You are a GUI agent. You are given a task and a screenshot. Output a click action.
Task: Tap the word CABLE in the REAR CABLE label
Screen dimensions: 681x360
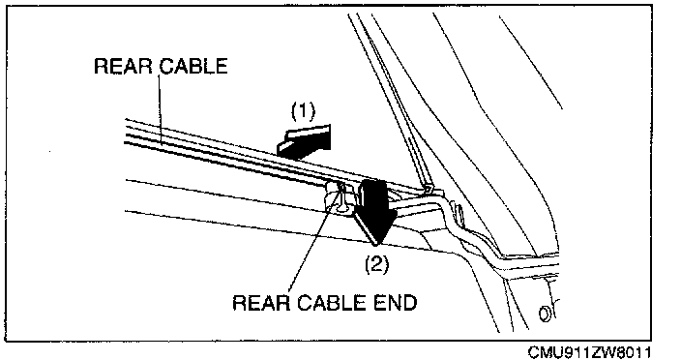coord(192,66)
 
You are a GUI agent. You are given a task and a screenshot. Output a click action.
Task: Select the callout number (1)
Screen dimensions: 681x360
coord(303,111)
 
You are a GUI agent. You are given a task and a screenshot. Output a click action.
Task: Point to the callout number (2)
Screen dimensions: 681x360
coord(376,264)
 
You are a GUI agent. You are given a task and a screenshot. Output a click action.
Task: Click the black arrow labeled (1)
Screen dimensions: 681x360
coord(304,139)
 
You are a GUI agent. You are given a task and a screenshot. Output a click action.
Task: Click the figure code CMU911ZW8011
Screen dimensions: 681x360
coord(589,352)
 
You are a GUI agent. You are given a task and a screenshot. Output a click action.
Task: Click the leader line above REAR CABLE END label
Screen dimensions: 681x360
coord(315,239)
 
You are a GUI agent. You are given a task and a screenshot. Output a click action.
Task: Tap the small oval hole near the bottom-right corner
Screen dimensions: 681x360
coord(543,314)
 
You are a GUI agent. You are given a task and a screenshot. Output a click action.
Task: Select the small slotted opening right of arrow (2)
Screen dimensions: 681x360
coord(458,213)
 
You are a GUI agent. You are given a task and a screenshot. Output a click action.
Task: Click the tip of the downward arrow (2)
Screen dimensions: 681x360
coord(376,242)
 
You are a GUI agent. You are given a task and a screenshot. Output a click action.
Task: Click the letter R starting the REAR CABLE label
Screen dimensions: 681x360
coord(101,66)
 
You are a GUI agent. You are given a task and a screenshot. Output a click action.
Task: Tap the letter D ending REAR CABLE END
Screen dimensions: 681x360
coord(409,303)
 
